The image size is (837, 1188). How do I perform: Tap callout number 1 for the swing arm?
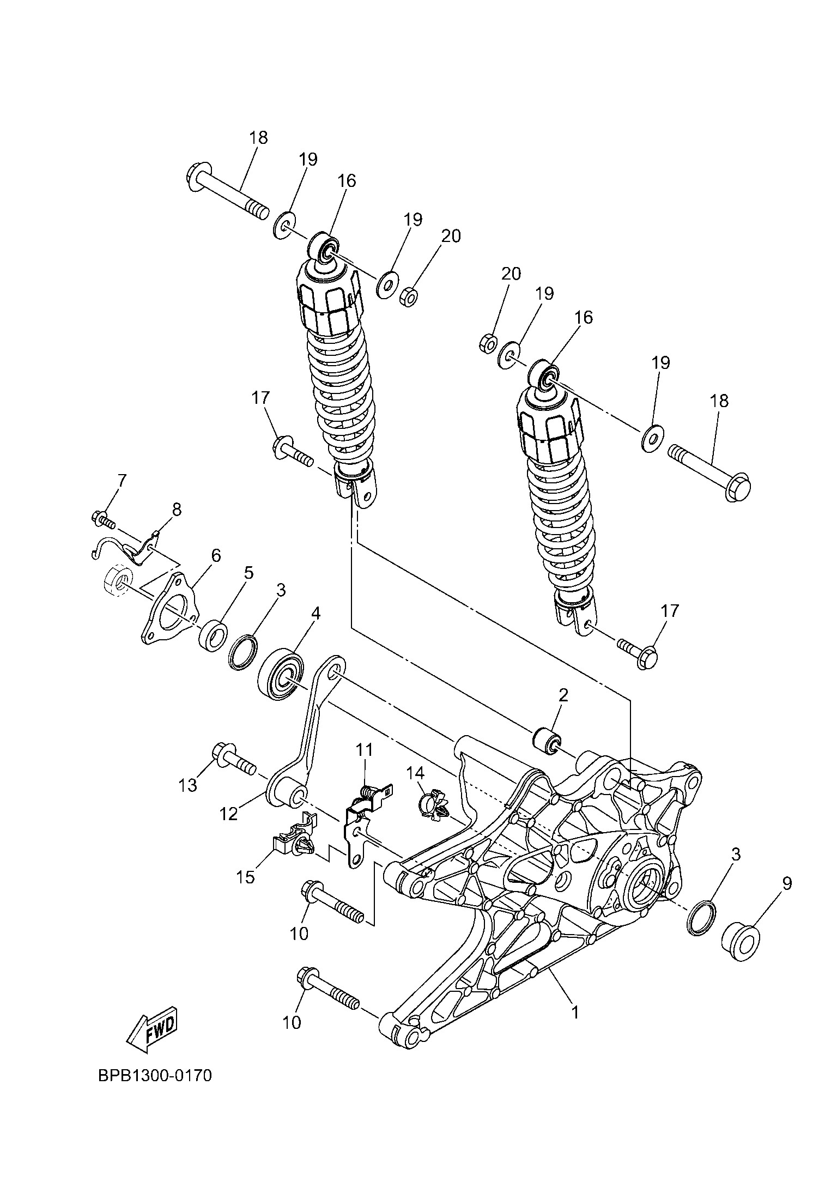[574, 1012]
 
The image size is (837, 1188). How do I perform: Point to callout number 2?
[563, 695]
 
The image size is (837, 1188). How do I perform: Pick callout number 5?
[248, 573]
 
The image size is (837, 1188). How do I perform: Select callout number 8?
[177, 510]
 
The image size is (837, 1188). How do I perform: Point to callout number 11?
[364, 750]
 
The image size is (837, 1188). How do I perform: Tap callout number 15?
[246, 877]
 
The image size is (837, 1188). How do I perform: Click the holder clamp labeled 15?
[294, 844]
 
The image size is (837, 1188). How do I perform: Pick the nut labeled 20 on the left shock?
[409, 297]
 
